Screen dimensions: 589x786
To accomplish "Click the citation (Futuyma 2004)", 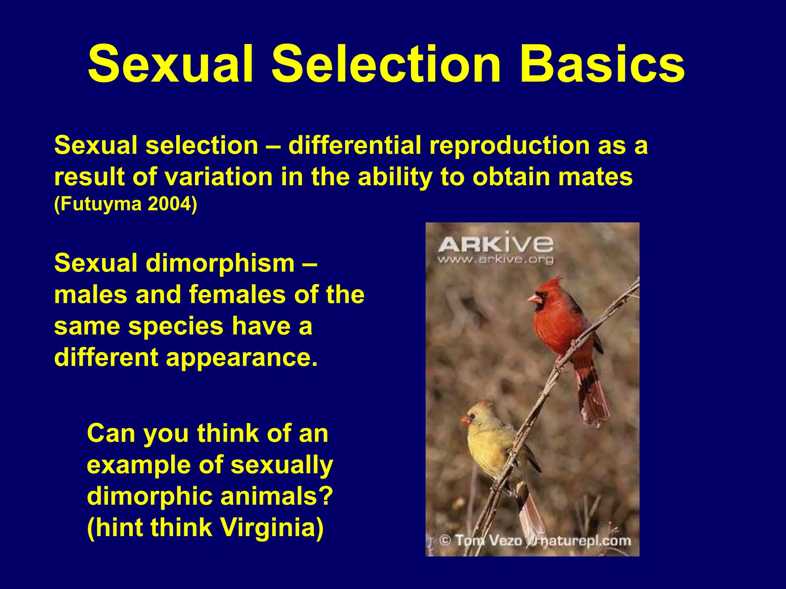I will click(125, 204).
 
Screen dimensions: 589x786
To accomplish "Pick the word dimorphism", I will click(220, 264).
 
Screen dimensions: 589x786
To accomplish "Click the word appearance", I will click(242, 357).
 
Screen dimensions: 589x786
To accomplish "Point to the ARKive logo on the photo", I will click(495, 244).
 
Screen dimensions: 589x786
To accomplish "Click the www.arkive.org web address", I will click(495, 260).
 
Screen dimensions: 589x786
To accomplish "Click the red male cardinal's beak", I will click(534, 298).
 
